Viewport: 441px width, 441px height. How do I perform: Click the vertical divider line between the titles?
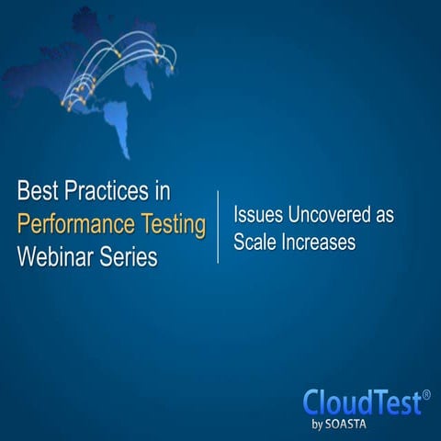click(218, 227)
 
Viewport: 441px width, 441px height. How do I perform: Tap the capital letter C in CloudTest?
click(315, 403)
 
